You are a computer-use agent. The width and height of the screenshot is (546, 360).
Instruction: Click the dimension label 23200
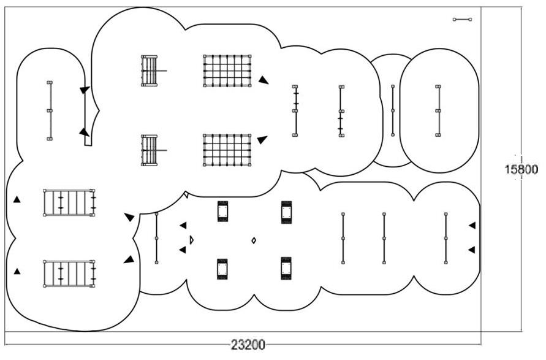pos(248,345)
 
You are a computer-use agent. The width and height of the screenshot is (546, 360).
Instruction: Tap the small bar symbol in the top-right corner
pos(462,20)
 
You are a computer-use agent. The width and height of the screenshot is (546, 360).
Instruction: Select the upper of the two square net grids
pos(227,71)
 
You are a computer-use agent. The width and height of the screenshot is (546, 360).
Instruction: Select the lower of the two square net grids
pos(227,150)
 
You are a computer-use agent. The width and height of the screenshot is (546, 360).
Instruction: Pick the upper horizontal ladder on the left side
pos(69,202)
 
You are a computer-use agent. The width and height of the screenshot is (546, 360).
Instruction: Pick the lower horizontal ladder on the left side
pos(69,274)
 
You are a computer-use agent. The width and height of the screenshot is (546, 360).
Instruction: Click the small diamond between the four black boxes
pos(254,240)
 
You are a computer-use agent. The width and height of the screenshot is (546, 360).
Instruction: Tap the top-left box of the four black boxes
pos(222,212)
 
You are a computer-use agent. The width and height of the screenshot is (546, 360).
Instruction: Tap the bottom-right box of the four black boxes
pos(286,268)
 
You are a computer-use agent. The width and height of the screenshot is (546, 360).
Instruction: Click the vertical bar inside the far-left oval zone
pos(50,110)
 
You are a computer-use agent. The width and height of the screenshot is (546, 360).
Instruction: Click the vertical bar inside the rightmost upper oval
pos(438,110)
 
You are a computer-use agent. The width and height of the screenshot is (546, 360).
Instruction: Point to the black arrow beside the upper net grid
pos(263,79)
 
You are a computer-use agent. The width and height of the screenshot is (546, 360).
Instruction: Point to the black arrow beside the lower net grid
pos(262,140)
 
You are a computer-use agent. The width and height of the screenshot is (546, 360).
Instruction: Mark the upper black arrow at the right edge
pos(472,226)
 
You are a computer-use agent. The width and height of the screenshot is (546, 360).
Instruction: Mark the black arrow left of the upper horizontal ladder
pos(17,199)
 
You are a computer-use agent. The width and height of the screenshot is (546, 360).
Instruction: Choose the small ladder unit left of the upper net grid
pos(150,71)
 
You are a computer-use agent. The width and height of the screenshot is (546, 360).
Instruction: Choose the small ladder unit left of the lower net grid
pos(150,150)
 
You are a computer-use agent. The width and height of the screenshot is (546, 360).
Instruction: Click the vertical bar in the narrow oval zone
pos(393,110)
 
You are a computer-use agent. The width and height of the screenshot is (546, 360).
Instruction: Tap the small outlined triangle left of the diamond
pos(191,240)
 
